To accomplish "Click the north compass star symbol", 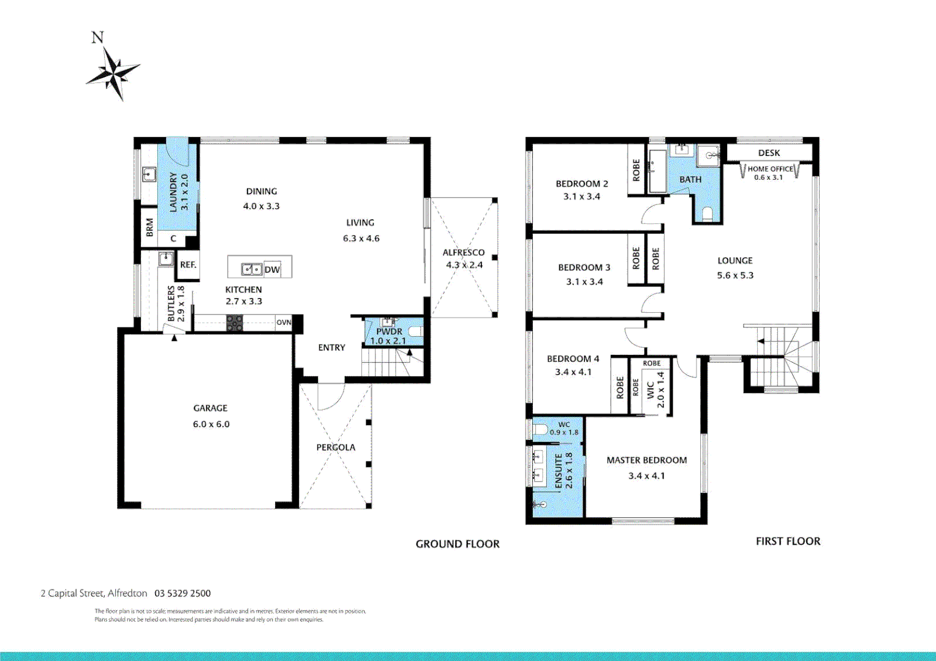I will (113, 72).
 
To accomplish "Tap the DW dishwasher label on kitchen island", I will (272, 269).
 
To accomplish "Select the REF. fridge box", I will (188, 265).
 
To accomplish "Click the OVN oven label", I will (284, 323).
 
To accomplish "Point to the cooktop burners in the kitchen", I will (235, 323).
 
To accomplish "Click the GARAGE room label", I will (210, 408).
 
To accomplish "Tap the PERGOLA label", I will (336, 447).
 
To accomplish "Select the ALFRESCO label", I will (464, 252).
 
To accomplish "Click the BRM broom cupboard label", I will (149, 227).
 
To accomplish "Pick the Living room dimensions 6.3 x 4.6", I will (361, 239).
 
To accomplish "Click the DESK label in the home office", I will (769, 153).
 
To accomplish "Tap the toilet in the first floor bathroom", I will (708, 213).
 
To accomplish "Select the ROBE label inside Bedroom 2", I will (636, 170).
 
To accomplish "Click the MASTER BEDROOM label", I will (646, 460).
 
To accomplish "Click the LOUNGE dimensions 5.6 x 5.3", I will (735, 275).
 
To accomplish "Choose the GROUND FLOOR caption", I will (458, 544).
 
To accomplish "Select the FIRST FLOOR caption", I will (788, 541).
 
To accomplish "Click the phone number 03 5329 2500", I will (183, 593).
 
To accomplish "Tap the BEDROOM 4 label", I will (573, 359).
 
